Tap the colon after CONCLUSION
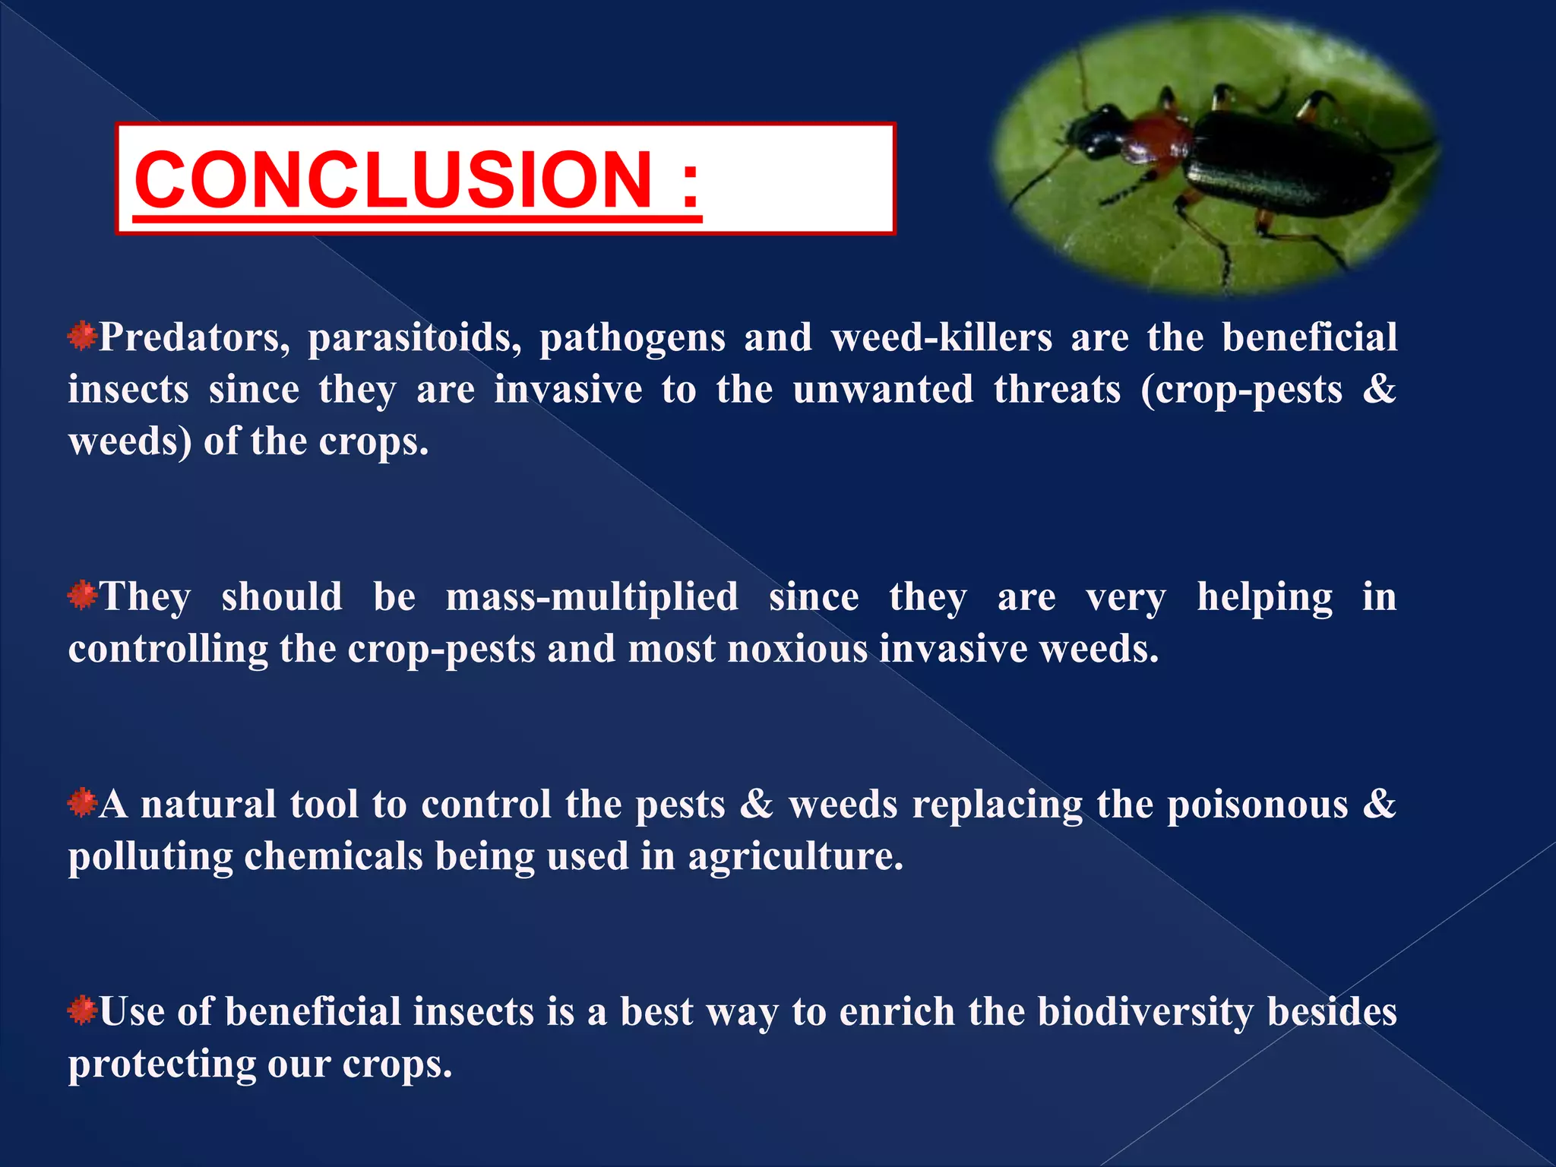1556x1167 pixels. tap(689, 182)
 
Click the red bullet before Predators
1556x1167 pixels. tap(81, 336)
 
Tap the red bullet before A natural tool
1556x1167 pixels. tap(81, 802)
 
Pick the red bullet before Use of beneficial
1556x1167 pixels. tap(81, 1010)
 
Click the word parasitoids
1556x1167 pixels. tap(414, 337)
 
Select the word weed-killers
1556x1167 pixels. tap(941, 337)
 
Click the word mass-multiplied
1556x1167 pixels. tap(592, 596)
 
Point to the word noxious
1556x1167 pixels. tap(797, 649)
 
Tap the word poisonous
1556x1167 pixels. tap(1257, 804)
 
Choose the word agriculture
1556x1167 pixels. tap(795, 856)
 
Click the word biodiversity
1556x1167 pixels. tap(1146, 1012)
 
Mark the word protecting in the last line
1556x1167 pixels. tap(162, 1064)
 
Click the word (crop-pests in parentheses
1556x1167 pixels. tap(1241, 390)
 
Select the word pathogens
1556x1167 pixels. tap(632, 337)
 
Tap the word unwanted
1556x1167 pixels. tap(883, 390)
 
